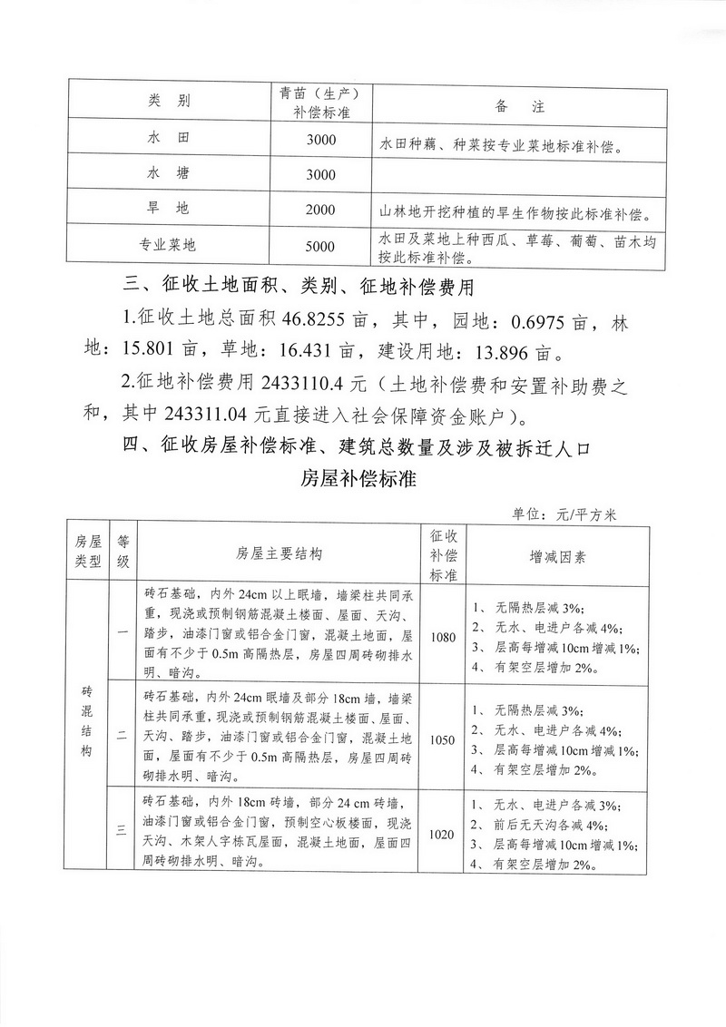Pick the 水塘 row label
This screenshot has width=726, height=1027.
coord(170,172)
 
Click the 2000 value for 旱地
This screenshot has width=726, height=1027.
coord(320,210)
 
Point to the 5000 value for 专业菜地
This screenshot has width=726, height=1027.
coord(320,246)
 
